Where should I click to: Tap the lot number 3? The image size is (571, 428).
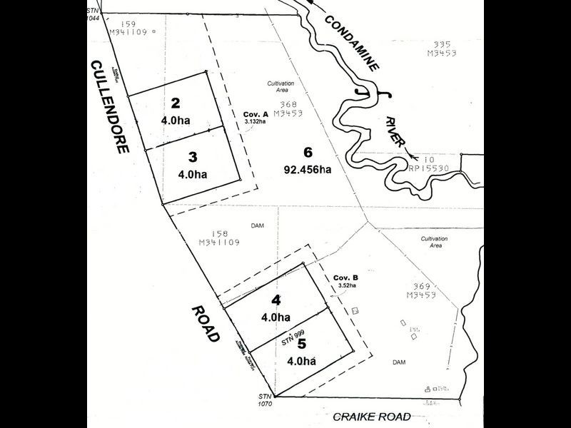coord(193,156)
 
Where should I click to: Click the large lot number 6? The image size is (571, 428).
coord(308,152)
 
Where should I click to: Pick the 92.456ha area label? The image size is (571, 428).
coord(308,170)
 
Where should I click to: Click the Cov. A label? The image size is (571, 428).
coord(256,114)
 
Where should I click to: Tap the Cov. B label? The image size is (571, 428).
coord(345,278)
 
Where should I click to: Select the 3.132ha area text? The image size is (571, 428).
coord(255,122)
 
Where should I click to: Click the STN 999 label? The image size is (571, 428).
coord(293,335)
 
